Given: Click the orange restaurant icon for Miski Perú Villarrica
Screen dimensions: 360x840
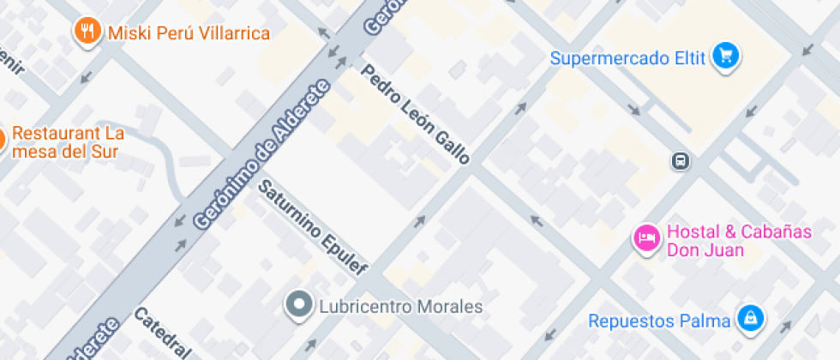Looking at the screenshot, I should point(86,33).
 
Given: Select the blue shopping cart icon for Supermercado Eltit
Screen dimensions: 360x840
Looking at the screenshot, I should point(726,57).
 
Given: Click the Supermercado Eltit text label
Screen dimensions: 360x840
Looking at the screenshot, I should point(627,58).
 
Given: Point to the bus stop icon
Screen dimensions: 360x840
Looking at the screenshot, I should point(680,160).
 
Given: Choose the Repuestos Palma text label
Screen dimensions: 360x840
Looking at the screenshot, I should point(659,321).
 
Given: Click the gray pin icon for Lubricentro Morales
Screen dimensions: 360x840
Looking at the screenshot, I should point(300,304).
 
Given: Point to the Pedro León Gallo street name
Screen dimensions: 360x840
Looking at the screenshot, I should point(417,114).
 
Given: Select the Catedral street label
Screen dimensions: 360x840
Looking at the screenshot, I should point(162,333).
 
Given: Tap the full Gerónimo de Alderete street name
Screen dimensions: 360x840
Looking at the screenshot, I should point(262,154).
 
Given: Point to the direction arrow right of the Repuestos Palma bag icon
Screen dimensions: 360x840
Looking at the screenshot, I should point(783,326).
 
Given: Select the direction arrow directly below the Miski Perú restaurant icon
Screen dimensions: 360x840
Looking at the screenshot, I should point(86,77).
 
